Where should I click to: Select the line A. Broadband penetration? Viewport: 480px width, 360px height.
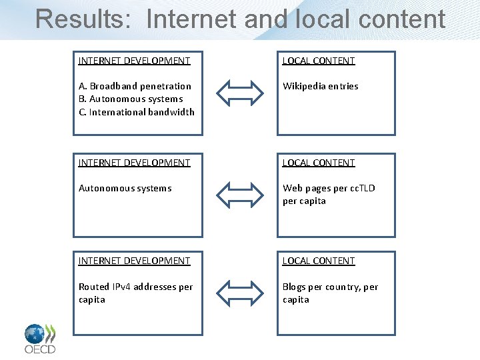[x=135, y=86]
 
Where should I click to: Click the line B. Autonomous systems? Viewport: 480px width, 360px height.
[x=131, y=99]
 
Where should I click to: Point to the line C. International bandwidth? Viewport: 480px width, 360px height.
[x=137, y=112]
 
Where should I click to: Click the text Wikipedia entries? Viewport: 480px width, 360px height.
[x=320, y=86]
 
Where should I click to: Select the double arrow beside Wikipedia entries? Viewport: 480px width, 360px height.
[x=240, y=93]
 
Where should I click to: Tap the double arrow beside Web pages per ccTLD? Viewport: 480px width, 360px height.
[x=240, y=195]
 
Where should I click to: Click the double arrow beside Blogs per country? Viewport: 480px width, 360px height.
[x=240, y=293]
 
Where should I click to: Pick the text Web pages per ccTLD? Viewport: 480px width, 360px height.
[x=329, y=188]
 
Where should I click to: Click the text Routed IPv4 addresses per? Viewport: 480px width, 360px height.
[x=135, y=287]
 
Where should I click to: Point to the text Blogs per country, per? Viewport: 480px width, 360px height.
[x=330, y=287]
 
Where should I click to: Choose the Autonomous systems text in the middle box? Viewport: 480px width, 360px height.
[x=125, y=188]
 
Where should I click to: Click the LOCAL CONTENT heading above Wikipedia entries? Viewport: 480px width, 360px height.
[x=319, y=61]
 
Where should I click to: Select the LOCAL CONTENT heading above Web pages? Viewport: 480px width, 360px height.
[x=319, y=163]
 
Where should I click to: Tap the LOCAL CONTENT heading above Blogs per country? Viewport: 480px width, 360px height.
[x=319, y=261]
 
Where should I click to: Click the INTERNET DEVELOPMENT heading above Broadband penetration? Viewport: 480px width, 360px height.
[x=134, y=61]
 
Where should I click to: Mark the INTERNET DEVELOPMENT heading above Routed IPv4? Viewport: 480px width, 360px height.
[x=134, y=261]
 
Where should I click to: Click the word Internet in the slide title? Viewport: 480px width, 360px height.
[x=191, y=19]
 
